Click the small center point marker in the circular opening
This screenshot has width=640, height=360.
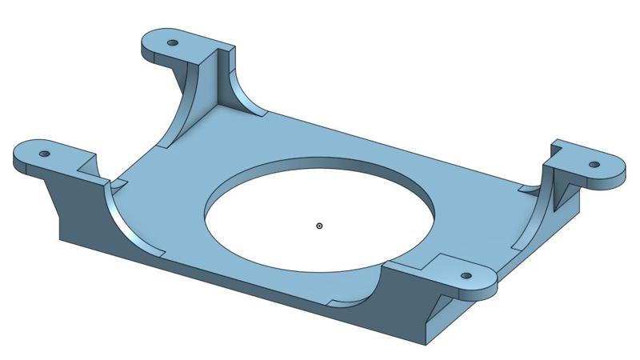coord(319,226)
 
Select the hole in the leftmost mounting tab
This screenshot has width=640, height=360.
coord(45,153)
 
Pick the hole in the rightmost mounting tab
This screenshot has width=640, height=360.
coord(594,164)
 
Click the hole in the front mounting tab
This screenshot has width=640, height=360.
coord(465,275)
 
